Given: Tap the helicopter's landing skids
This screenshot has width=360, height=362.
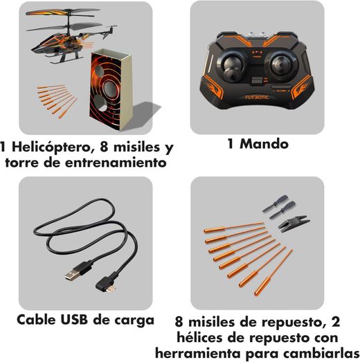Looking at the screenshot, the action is [64, 58].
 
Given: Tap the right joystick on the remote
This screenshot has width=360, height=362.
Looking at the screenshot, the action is [285, 64].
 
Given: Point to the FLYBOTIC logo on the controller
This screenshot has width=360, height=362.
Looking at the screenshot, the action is [257, 97].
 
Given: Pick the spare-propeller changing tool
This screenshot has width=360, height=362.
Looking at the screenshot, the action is [294, 221].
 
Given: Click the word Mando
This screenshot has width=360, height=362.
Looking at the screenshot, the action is [264, 144].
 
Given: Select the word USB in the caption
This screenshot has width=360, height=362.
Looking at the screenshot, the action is [74, 320].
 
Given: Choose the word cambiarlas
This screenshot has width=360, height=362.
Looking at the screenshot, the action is [322, 353].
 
